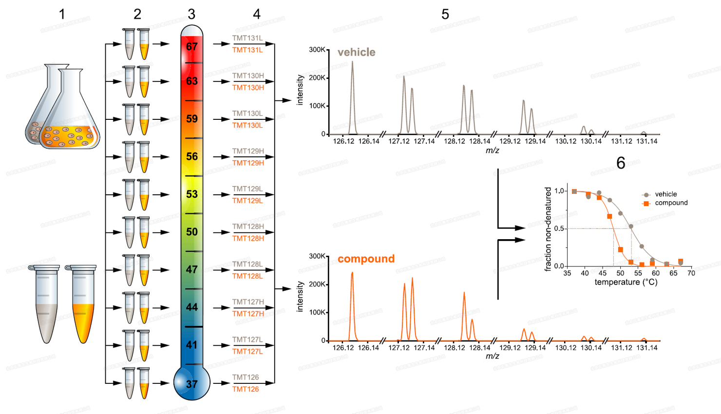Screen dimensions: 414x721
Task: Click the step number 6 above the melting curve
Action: point(621,163)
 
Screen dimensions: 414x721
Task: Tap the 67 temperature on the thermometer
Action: point(192,47)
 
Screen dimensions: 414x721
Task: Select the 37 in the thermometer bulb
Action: point(192,384)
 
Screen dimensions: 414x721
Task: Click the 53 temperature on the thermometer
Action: point(192,194)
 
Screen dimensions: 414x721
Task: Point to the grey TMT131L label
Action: point(247,38)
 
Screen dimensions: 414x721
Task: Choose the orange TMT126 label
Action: point(246,389)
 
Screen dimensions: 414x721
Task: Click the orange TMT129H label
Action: point(248,163)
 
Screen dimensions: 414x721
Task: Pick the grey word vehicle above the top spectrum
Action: point(356,52)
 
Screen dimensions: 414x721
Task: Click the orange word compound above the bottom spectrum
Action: point(366,259)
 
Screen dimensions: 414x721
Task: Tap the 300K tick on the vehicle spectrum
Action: point(317,50)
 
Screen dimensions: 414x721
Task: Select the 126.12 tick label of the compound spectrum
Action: point(343,348)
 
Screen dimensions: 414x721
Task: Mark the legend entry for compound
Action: point(671,203)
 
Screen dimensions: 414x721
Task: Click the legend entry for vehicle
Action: point(665,194)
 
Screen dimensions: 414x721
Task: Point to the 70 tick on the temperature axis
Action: point(691,273)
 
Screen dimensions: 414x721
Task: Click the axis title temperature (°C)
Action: point(626,282)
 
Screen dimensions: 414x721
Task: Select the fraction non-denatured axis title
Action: point(549,229)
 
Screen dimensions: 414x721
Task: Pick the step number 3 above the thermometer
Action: point(191,15)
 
